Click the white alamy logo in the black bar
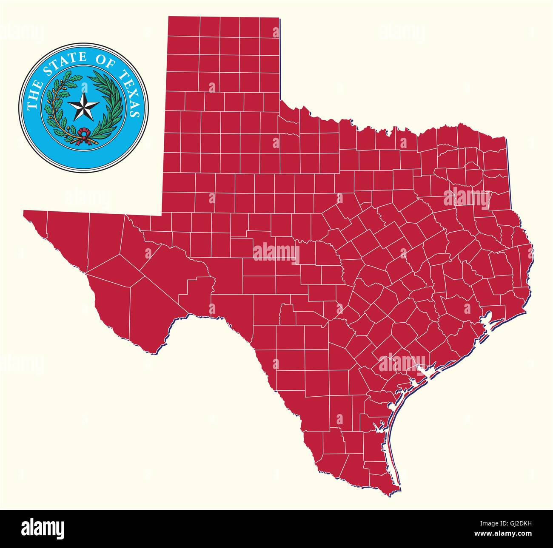point(43,528)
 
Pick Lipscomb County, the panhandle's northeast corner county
point(271,27)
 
